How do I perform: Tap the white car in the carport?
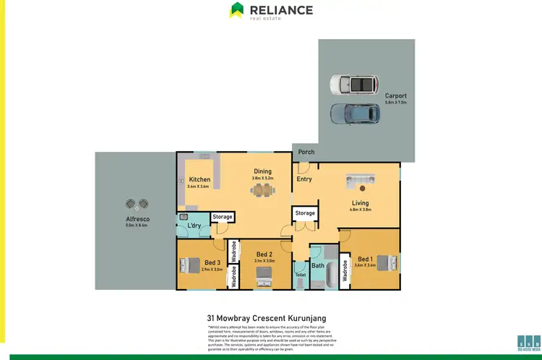click(x=353, y=85)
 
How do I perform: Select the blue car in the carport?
click(x=355, y=113)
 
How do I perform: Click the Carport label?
click(x=396, y=95)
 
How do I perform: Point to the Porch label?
click(x=306, y=152)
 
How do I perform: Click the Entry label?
click(x=304, y=179)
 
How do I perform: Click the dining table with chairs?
click(x=263, y=191)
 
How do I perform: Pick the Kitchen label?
click(x=199, y=179)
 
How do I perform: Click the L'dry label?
click(x=194, y=226)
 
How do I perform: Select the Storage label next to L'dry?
click(x=223, y=216)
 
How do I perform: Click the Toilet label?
click(x=300, y=275)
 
